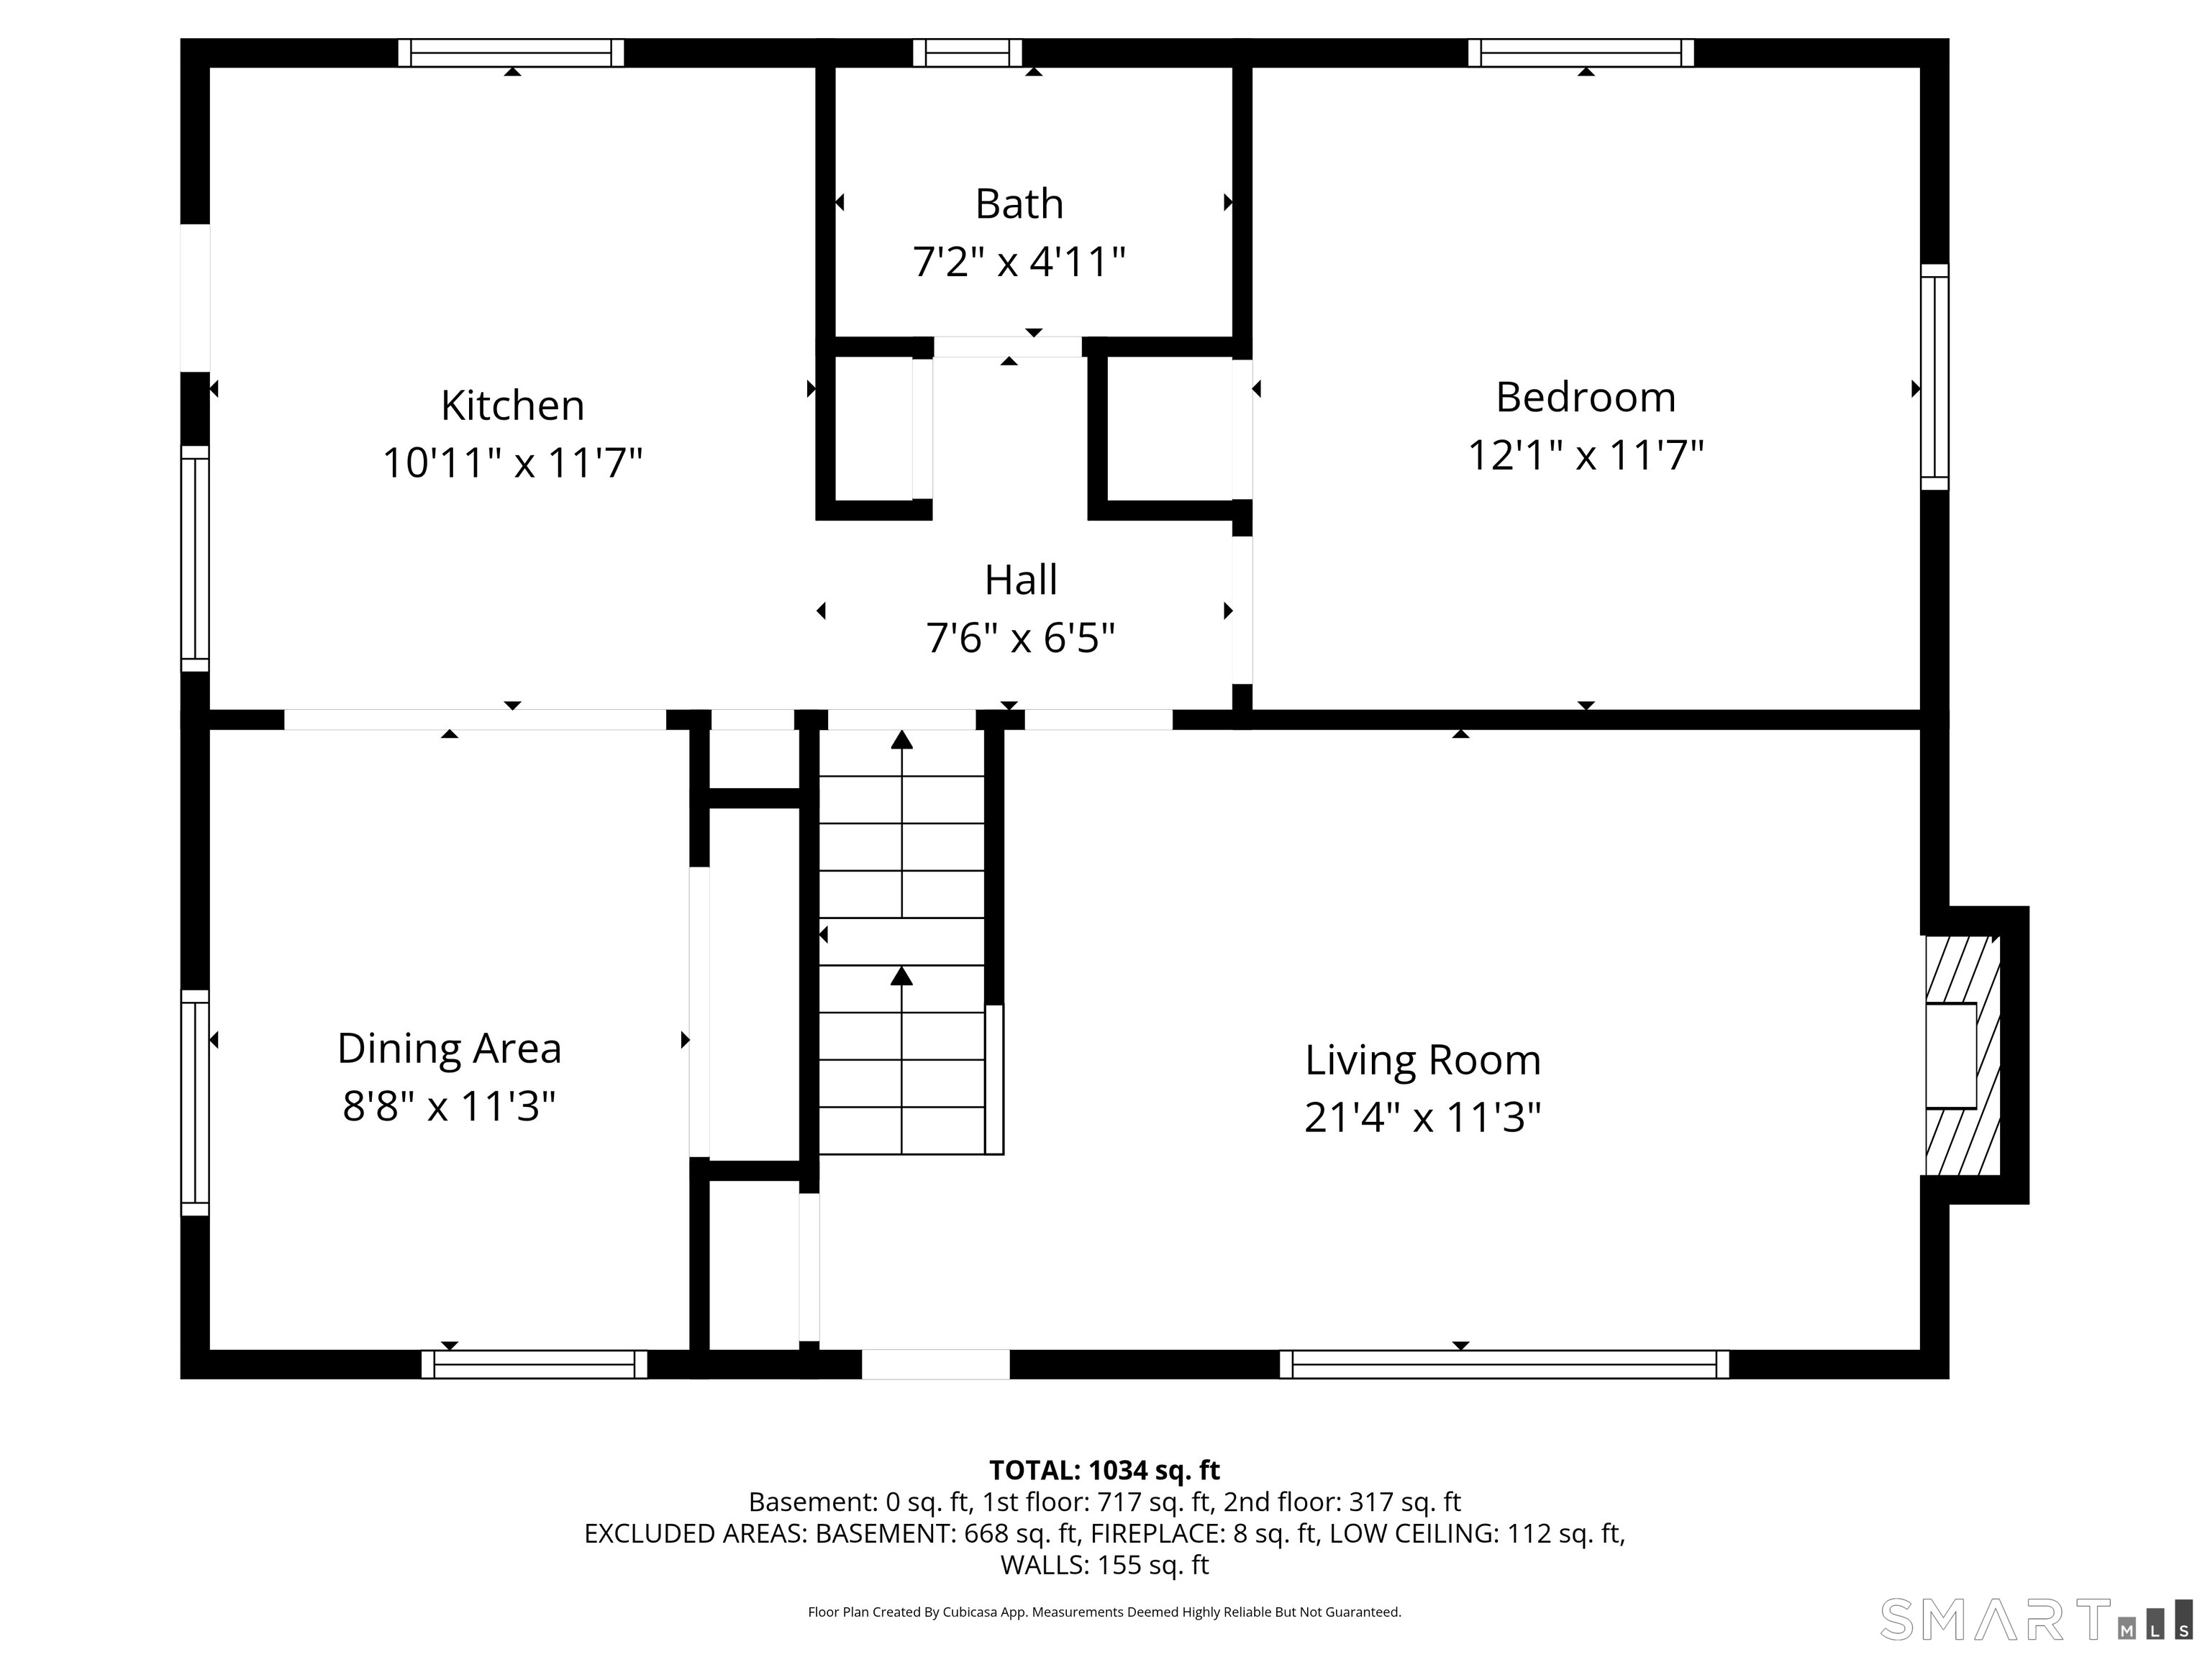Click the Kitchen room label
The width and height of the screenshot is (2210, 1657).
click(512, 406)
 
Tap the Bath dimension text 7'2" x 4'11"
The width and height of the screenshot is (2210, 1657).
click(1019, 263)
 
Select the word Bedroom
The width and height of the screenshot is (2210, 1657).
click(1586, 398)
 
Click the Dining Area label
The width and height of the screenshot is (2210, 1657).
click(450, 1049)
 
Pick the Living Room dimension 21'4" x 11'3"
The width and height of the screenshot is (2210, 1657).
click(1423, 1118)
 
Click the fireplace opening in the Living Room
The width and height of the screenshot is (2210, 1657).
click(1951, 1056)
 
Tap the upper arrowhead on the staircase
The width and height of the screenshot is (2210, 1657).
click(902, 740)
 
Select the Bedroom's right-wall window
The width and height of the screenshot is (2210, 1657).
click(1935, 378)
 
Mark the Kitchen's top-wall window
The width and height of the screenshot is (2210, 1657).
click(511, 53)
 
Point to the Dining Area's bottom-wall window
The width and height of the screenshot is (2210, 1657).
click(535, 1364)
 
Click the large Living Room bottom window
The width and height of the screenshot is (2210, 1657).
click(1505, 1364)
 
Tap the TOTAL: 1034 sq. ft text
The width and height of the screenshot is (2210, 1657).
click(1104, 1470)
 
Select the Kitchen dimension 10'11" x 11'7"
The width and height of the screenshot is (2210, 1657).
click(512, 463)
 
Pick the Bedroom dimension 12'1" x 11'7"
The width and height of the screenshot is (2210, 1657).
click(1586, 455)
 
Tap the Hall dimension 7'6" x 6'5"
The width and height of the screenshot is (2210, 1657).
click(1020, 638)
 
